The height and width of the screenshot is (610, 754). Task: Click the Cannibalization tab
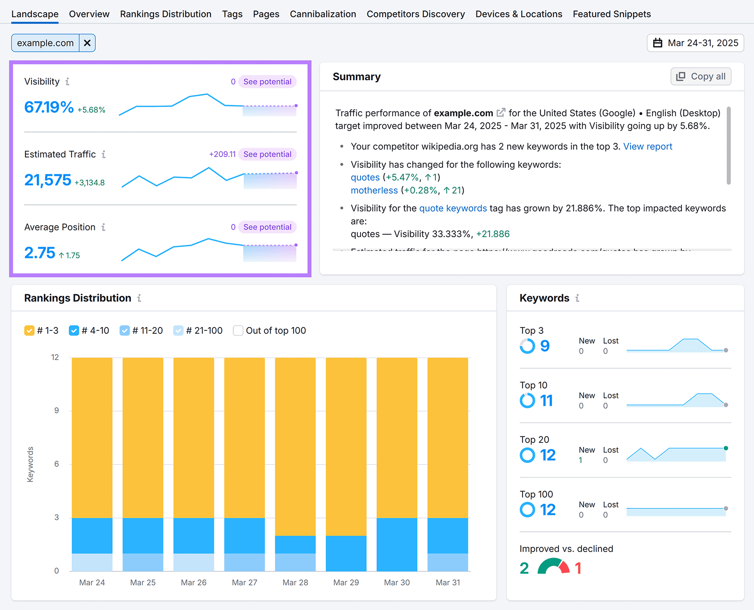click(323, 14)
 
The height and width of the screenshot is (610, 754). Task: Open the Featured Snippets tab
click(611, 14)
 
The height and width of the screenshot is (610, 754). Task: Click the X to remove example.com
click(87, 43)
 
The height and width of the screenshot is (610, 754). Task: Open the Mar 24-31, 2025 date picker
click(695, 43)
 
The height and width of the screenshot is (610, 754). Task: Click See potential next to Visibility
click(267, 82)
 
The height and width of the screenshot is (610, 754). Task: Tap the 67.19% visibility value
click(49, 107)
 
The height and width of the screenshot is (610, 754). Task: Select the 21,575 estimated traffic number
click(48, 180)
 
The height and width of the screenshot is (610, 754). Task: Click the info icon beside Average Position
click(103, 227)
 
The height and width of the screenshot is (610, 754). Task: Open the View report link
click(647, 147)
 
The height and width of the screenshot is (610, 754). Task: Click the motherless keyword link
click(374, 190)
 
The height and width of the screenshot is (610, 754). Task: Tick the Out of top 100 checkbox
click(238, 330)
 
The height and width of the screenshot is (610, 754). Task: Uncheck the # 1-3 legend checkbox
click(29, 330)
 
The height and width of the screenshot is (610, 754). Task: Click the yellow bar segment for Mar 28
click(295, 446)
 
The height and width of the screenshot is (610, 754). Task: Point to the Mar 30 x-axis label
click(397, 583)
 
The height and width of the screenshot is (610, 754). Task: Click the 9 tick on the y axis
click(57, 411)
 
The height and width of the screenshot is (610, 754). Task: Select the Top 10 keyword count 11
click(546, 401)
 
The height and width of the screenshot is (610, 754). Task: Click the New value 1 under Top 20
click(581, 461)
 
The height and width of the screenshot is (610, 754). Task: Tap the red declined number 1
click(578, 568)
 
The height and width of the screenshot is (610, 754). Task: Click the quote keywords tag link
click(453, 208)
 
